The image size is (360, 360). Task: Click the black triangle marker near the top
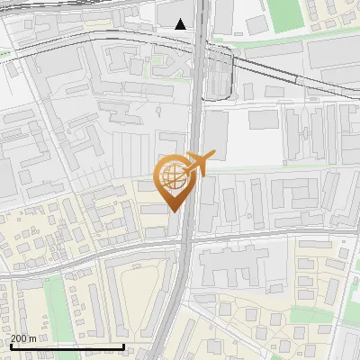click(181, 24)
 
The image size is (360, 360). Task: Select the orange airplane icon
click(199, 163)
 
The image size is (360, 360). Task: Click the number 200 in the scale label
click(20, 338)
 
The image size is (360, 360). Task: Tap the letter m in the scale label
click(34, 338)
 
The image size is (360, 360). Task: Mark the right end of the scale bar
click(123, 346)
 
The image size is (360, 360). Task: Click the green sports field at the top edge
click(286, 13)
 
